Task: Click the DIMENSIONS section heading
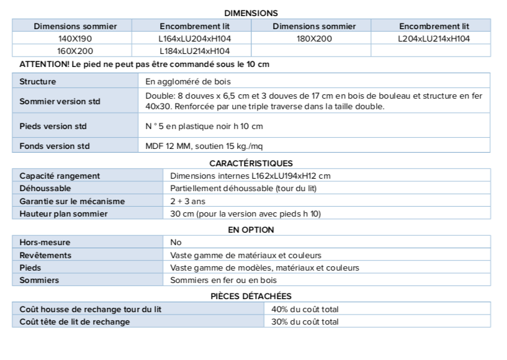[251, 13]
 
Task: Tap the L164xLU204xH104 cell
[194, 38]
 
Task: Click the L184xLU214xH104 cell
[194, 51]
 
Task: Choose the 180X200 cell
[314, 38]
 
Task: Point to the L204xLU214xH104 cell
[434, 38]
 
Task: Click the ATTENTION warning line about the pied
[144, 65]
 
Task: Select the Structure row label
[38, 81]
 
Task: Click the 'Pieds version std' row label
[53, 126]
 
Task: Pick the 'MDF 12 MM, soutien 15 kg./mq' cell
[202, 146]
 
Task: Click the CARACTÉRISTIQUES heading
[251, 163]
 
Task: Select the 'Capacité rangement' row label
[60, 176]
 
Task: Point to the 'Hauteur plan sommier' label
[63, 214]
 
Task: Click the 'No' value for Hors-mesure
[176, 242]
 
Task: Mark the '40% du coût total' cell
[305, 309]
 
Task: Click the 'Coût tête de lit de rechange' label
[74, 322]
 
